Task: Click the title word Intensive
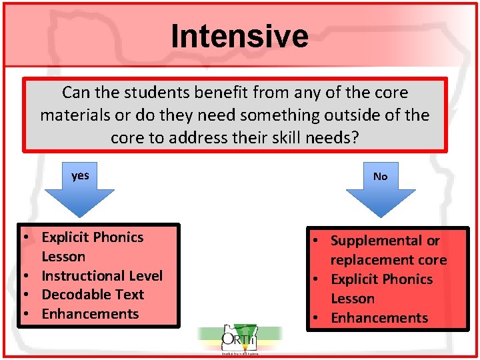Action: pyautogui.click(x=239, y=36)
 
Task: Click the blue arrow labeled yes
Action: pyautogui.click(x=80, y=200)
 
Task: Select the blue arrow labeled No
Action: pyautogui.click(x=381, y=200)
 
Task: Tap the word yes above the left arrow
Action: pyautogui.click(x=80, y=175)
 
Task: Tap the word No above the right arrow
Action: pyautogui.click(x=380, y=177)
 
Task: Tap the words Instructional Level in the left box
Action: pyautogui.click(x=102, y=275)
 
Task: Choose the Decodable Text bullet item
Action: pyautogui.click(x=93, y=295)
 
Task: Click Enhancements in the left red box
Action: pyautogui.click(x=90, y=314)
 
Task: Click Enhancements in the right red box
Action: pyautogui.click(x=379, y=318)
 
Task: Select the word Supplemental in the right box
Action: pyautogui.click(x=377, y=241)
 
